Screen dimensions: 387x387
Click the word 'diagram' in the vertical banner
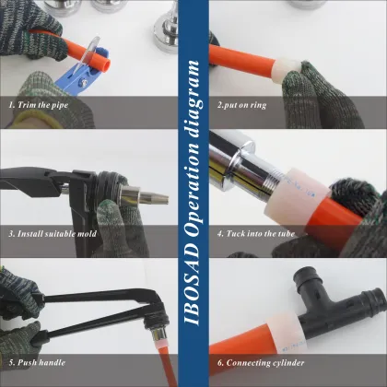193,90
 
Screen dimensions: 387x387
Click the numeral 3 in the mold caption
11,233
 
